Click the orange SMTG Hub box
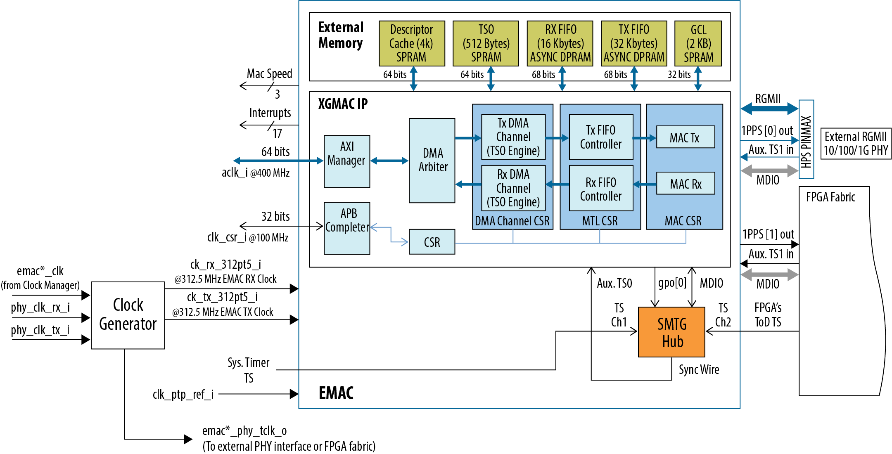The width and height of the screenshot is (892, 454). pyautogui.click(x=671, y=332)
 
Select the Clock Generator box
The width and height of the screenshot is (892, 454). pyautogui.click(x=128, y=315)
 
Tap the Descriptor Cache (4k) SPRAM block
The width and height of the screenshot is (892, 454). pyautogui.click(x=412, y=43)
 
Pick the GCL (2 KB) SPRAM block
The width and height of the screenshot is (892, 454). pyautogui.click(x=698, y=43)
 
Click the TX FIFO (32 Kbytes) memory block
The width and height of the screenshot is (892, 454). pyautogui.click(x=634, y=43)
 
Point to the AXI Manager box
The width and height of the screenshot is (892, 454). pyautogui.click(x=347, y=161)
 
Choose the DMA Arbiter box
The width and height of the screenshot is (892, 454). pyautogui.click(x=432, y=161)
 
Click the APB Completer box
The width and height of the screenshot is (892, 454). pyautogui.click(x=347, y=228)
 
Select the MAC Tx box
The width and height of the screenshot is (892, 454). pyautogui.click(x=685, y=137)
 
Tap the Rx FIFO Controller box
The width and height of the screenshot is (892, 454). pyautogui.click(x=601, y=189)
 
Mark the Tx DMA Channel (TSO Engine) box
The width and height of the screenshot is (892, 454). pyautogui.click(x=513, y=137)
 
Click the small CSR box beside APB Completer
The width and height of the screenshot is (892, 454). pyautogui.click(x=432, y=242)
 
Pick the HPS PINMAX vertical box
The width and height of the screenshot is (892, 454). pyautogui.click(x=806, y=140)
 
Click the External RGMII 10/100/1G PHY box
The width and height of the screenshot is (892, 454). pyautogui.click(x=856, y=144)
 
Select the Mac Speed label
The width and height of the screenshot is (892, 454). pyautogui.click(x=269, y=74)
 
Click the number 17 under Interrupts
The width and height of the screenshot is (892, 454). pyautogui.click(x=277, y=133)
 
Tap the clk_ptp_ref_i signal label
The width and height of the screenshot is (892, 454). pyautogui.click(x=183, y=395)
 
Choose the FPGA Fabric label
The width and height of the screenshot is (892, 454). pyautogui.click(x=830, y=197)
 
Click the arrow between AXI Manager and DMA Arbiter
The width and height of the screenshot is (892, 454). pyautogui.click(x=389, y=161)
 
